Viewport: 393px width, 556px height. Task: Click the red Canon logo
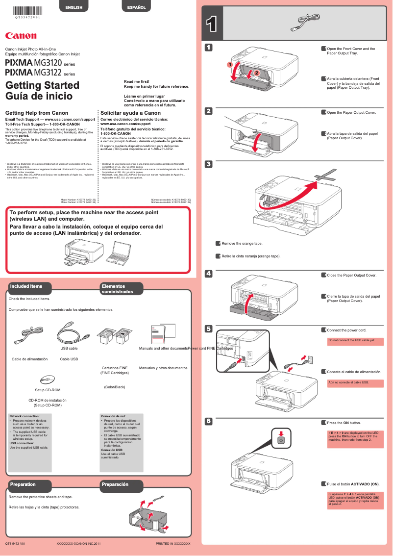pyautogui.click(x=21, y=35)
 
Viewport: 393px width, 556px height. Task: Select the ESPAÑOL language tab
pyautogui.click(x=137, y=7)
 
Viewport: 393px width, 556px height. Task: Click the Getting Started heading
pyautogui.click(x=42, y=85)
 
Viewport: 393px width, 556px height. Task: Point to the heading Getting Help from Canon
pyautogui.click(x=37, y=113)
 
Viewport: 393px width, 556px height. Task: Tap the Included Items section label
pyautogui.click(x=26, y=286)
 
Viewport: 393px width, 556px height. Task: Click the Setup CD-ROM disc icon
pyautogui.click(x=47, y=380)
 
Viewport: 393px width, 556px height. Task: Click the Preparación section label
pyautogui.click(x=115, y=484)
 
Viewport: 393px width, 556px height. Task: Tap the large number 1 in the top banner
pyautogui.click(x=211, y=25)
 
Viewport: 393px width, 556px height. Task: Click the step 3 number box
pyautogui.click(x=208, y=164)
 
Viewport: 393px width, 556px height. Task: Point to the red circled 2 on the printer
pyautogui.click(x=256, y=73)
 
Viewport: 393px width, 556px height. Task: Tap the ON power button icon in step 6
pyautogui.click(x=280, y=440)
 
